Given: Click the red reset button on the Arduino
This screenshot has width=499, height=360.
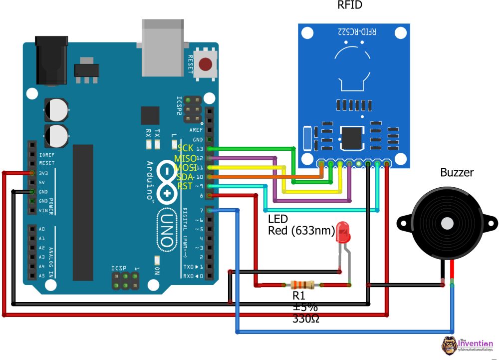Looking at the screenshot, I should click(205, 64).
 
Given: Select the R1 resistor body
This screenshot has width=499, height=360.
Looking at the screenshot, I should click(302, 285).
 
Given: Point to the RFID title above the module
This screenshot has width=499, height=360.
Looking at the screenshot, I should click(349, 6).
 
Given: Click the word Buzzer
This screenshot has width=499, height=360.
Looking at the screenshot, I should click(457, 173).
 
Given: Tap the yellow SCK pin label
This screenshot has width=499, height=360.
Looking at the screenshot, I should click(185, 149).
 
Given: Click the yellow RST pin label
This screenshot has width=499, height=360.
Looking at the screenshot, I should click(185, 186).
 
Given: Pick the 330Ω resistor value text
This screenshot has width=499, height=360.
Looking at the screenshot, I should click(305, 318).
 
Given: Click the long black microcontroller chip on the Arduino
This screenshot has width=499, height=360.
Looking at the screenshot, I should click(83, 212).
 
